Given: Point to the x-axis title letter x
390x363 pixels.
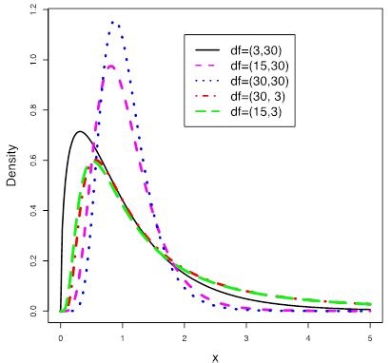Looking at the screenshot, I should (x=215, y=356).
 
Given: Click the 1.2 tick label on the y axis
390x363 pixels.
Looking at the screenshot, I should (x=34, y=10).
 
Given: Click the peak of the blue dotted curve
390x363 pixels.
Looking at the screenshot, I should (x=114, y=22).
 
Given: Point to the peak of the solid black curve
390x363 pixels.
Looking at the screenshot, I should (x=80, y=131).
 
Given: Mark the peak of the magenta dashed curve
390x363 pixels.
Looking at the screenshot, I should (x=111, y=66).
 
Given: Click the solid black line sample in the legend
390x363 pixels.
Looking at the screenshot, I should (x=206, y=48).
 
